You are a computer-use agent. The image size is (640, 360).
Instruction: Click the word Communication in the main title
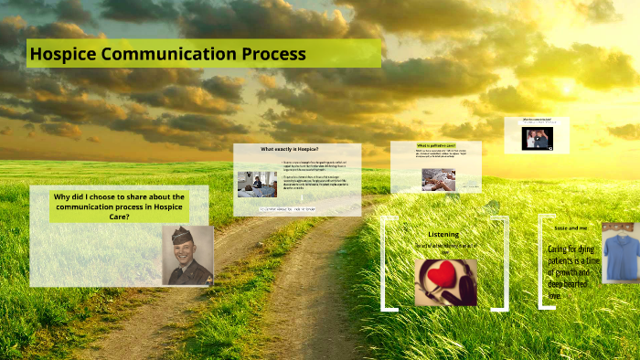pos(167,54)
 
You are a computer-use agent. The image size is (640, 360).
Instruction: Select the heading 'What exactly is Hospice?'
pos(296,149)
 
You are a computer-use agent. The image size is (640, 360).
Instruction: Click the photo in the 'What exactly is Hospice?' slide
pos(257,185)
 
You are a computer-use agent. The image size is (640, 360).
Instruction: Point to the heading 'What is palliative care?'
pos(437,145)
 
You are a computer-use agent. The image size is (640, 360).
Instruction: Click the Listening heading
pos(443,234)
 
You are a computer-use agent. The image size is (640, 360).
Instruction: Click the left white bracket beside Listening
pos(386,263)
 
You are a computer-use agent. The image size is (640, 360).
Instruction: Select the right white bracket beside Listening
pos(503,263)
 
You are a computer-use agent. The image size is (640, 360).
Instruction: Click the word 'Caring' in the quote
pos(560,249)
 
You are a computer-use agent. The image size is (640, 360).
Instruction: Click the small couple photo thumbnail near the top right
pos(536,138)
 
